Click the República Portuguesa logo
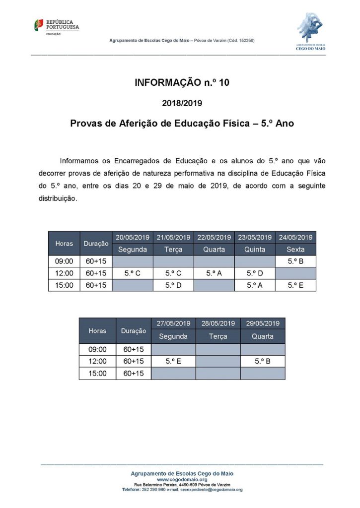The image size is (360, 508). (56, 26)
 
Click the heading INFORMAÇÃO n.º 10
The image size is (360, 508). (182, 83)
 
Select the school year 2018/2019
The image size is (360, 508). (182, 104)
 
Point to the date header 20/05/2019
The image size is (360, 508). (133, 237)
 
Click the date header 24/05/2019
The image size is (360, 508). (295, 237)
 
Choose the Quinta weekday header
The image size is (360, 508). (255, 249)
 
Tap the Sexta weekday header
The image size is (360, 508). (295, 249)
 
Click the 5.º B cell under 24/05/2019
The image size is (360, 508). (295, 261)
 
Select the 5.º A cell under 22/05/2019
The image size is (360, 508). (214, 273)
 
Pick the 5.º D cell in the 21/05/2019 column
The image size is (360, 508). (173, 285)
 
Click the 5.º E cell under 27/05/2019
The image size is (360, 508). (173, 361)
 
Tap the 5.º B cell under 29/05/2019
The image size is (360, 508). (263, 361)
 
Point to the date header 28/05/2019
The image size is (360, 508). (218, 323)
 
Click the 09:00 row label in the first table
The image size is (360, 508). (64, 261)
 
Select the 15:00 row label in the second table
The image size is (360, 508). (97, 374)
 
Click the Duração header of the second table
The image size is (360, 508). (134, 330)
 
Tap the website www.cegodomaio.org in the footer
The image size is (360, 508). (182, 479)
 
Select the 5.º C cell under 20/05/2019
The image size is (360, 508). (133, 273)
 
